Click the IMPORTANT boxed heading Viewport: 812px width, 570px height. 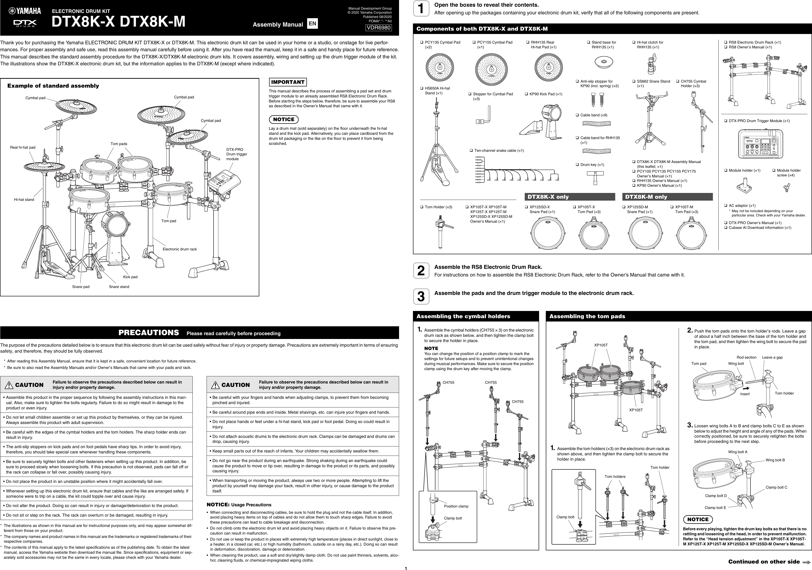click(288, 82)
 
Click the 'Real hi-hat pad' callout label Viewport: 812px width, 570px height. click(23, 147)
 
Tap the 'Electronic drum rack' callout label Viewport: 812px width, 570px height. click(180, 249)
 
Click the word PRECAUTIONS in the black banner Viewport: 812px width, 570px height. click(148, 333)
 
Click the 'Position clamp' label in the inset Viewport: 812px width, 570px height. click(456, 506)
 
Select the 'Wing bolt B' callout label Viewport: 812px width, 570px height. click(775, 460)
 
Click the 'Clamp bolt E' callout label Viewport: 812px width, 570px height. click(715, 508)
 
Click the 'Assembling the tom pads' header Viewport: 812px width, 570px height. click(587, 316)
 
